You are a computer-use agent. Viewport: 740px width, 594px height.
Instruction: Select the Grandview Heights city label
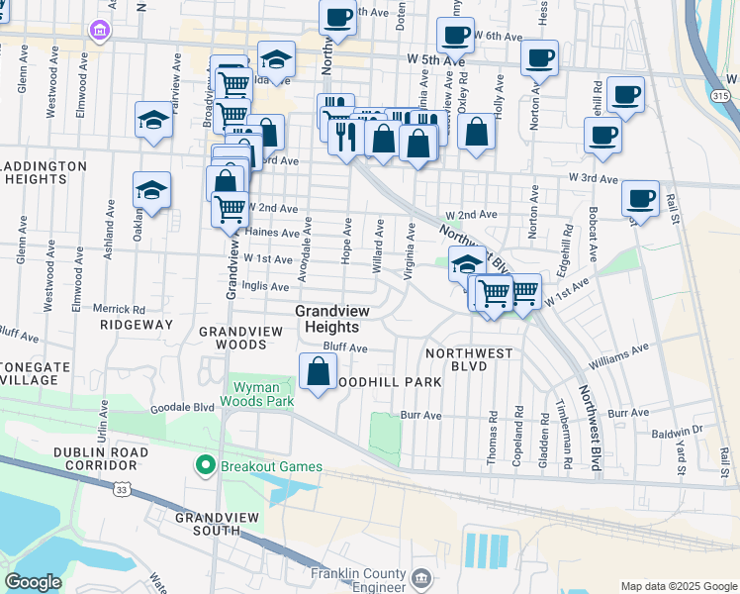332,319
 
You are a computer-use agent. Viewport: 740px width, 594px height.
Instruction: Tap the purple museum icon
99,31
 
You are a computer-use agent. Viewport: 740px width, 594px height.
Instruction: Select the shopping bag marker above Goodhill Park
318,373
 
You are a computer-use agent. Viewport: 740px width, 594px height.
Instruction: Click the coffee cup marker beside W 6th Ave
455,36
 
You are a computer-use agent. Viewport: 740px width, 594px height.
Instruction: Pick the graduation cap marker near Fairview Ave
154,120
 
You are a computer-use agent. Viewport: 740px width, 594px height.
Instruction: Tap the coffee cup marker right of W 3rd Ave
640,198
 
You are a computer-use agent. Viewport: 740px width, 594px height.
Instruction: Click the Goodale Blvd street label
182,408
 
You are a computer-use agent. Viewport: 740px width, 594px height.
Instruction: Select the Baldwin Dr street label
683,430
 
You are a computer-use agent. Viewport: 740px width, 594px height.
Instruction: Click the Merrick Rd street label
120,308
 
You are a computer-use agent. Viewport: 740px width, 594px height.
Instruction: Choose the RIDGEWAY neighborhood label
137,324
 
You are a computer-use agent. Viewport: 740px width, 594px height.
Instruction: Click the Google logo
34,581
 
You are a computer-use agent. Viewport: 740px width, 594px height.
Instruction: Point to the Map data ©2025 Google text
678,586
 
